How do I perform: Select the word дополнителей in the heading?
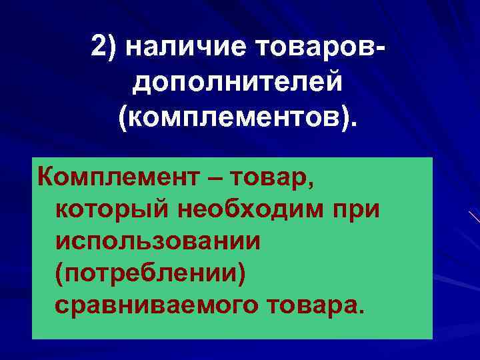coord(239,83)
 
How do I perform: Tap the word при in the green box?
coord(357,210)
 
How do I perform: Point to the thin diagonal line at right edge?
coord(473,217)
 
